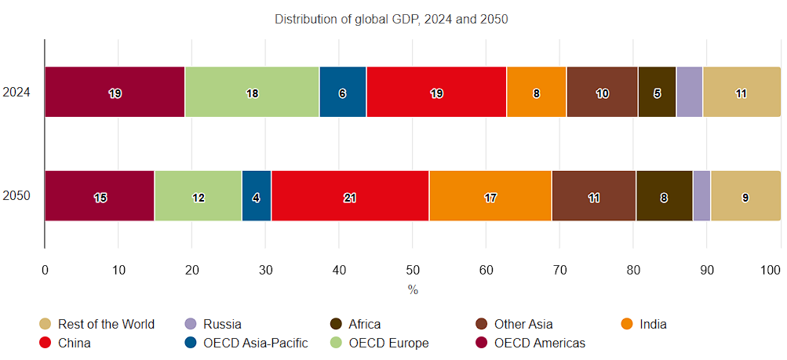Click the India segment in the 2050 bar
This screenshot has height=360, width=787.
[490, 195]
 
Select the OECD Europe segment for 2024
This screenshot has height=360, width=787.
[252, 92]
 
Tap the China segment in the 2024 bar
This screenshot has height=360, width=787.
[436, 92]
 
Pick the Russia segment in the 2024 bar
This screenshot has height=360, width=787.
[689, 92]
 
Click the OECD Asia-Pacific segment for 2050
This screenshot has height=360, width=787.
[257, 195]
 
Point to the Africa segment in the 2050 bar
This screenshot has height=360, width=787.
[664, 195]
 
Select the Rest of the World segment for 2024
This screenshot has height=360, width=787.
[741, 92]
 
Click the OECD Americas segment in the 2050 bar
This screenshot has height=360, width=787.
[100, 195]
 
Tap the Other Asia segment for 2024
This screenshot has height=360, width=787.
[602, 92]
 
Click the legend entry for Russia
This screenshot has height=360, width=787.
[222, 324]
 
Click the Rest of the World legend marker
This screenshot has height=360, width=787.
[46, 324]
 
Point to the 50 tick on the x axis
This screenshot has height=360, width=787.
[413, 269]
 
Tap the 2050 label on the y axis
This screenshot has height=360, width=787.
[16, 195]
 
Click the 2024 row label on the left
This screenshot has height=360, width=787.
[16, 92]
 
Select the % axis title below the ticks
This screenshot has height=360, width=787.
[413, 289]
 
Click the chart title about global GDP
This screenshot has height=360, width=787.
[392, 19]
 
